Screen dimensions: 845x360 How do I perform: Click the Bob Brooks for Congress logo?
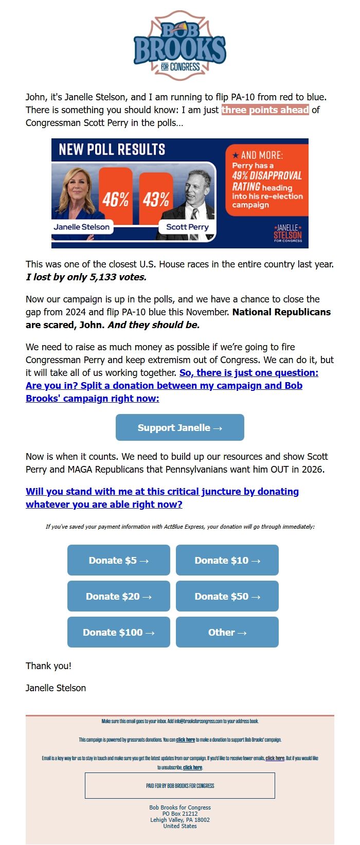pos(179,46)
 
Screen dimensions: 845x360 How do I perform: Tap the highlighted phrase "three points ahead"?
pos(265,110)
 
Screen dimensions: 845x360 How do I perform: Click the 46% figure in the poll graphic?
pos(115,199)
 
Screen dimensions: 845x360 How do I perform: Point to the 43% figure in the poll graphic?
pos(156,199)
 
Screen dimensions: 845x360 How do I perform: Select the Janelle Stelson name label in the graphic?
pos(82,227)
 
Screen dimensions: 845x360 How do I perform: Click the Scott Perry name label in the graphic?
pos(187,227)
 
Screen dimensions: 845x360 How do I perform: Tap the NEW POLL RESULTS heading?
pos(112,150)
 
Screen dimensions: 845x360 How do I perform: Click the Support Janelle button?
pos(179,428)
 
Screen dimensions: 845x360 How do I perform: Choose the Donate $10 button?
pos(227,560)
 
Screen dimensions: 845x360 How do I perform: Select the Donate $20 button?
pos(118,596)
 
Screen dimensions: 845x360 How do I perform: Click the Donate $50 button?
pos(227,596)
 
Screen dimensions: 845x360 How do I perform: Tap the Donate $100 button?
pos(118,632)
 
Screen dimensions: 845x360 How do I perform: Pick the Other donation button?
pos(227,632)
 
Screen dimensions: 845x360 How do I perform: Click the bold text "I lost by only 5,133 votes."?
pos(86,277)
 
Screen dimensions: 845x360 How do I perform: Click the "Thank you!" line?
pos(48,666)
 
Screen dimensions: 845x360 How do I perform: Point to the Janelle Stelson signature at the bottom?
pos(56,688)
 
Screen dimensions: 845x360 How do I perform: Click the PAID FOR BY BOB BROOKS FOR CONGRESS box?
pos(179,786)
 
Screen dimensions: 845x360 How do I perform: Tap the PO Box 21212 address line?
pos(179,814)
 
